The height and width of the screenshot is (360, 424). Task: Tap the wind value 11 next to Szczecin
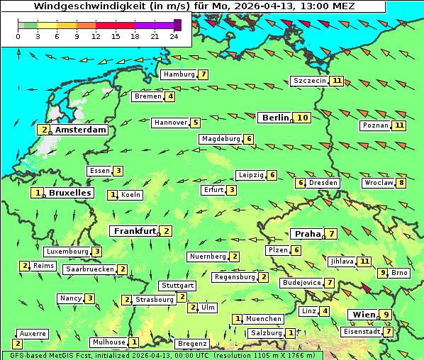(337, 81)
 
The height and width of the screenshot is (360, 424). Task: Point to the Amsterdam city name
(80, 130)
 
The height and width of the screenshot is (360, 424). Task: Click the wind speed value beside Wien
(386, 315)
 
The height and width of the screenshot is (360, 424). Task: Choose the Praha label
(308, 234)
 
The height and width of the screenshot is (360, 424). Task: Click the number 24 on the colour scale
(174, 36)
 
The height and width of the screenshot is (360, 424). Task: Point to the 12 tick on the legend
(96, 36)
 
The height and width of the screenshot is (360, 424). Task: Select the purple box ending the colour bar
(177, 25)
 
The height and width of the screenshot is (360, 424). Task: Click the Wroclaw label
(378, 183)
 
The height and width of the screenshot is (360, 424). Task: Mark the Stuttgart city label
(177, 286)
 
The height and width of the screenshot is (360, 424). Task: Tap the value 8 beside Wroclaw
(401, 183)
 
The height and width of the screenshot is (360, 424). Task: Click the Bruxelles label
(69, 193)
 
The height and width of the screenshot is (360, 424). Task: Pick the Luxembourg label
(67, 252)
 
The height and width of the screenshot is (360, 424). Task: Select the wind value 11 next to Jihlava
(364, 261)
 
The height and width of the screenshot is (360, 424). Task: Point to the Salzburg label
(267, 333)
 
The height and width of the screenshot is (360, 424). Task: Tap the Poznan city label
(376, 125)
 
